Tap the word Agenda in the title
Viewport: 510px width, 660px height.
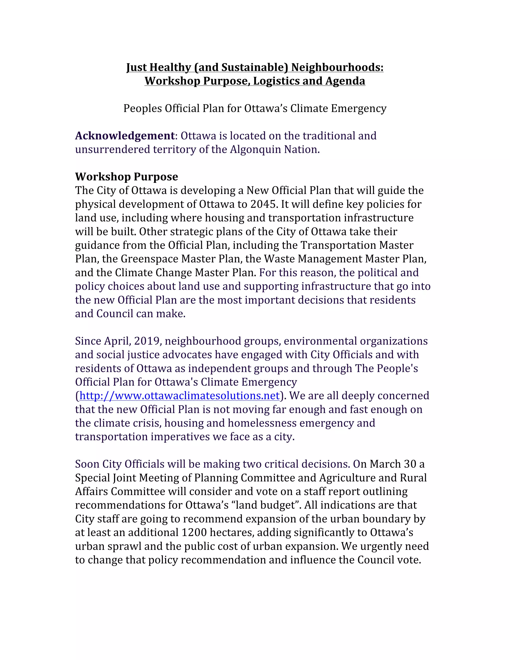coord(345,81)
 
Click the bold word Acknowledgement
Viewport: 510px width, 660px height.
coord(125,136)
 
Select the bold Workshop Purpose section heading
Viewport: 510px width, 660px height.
coord(127,177)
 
